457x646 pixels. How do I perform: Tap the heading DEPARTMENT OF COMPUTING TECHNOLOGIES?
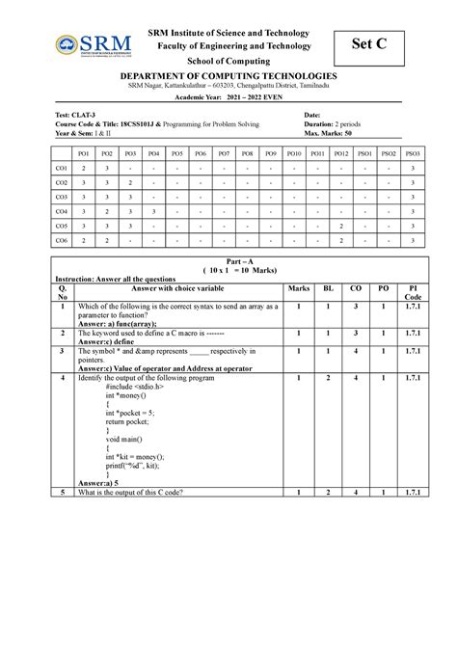228,76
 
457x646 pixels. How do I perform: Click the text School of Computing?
228,60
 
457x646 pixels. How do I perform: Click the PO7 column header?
224,153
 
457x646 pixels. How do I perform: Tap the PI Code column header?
411,292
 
